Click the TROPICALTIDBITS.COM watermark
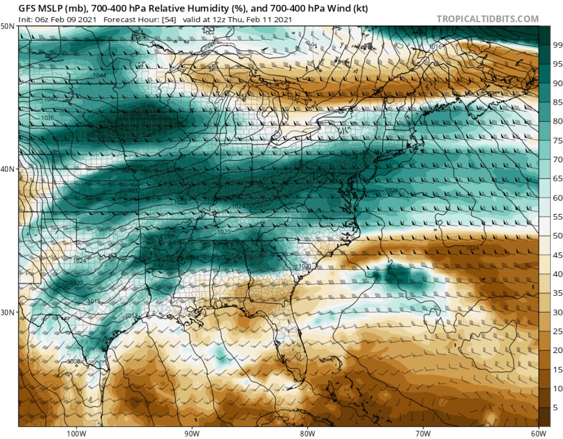point(487,19)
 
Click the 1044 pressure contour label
point(99,75)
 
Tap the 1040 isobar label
point(51,99)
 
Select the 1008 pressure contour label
point(74,361)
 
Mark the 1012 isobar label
point(131,315)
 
